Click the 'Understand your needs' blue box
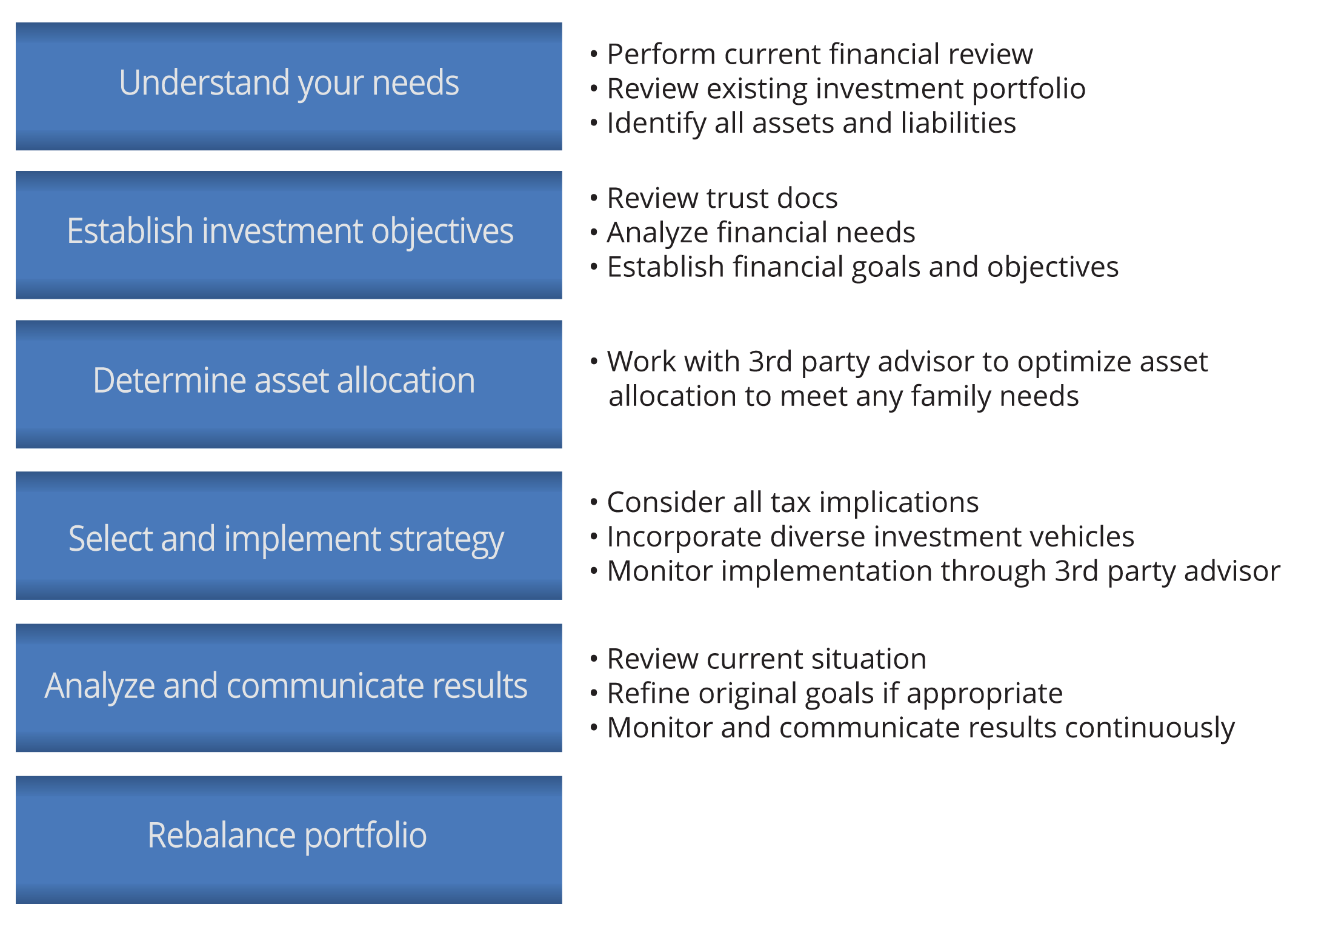(x=289, y=86)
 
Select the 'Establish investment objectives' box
(x=289, y=234)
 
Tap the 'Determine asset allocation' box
(x=289, y=384)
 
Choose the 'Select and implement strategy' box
(x=289, y=536)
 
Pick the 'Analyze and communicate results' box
(x=289, y=687)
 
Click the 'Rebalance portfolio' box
(x=289, y=839)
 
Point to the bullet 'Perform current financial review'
(x=819, y=55)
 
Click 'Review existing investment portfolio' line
(x=845, y=89)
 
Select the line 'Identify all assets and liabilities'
(x=811, y=124)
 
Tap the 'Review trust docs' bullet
(x=722, y=198)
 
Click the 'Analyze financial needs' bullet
(x=760, y=233)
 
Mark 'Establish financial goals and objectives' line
(x=862, y=267)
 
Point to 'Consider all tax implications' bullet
(x=793, y=502)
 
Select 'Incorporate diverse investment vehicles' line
(x=870, y=537)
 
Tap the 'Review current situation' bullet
(x=767, y=659)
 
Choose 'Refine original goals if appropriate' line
(x=834, y=693)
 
